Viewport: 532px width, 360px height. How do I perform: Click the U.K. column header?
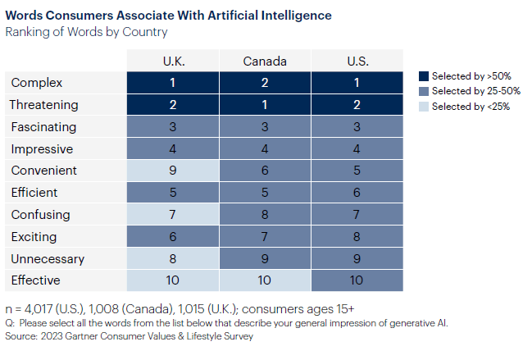pyautogui.click(x=173, y=61)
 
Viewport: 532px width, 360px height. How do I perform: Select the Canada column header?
pyautogui.click(x=265, y=61)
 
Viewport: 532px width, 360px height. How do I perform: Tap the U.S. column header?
pyautogui.click(x=357, y=61)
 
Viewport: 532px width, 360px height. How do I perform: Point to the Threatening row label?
pyautogui.click(x=43, y=105)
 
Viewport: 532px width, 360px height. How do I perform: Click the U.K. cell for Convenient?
pyautogui.click(x=173, y=171)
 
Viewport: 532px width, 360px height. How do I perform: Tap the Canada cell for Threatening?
pyautogui.click(x=265, y=105)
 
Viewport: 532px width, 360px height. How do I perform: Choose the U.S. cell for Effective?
pyautogui.click(x=357, y=280)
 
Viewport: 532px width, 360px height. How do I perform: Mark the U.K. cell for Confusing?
pyautogui.click(x=173, y=215)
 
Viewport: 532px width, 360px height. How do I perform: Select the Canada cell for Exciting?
pyautogui.click(x=265, y=236)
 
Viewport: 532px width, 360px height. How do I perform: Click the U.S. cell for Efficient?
pyautogui.click(x=357, y=193)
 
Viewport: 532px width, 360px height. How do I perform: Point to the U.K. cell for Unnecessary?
pyautogui.click(x=173, y=258)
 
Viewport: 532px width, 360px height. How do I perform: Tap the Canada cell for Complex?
pyautogui.click(x=265, y=83)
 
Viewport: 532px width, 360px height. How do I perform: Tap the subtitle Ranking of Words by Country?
pyautogui.click(x=86, y=32)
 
